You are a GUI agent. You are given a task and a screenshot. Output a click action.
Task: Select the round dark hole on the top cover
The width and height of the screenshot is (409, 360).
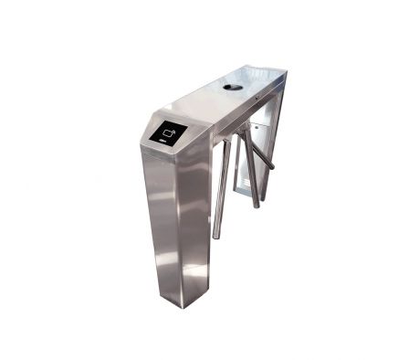tap(234, 88)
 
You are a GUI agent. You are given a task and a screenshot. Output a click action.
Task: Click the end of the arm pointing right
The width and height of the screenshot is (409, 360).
tap(272, 168)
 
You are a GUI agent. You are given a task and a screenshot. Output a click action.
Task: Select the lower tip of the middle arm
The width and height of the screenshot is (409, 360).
tap(256, 206)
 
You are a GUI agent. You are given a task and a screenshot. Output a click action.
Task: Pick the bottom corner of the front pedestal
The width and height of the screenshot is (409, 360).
tap(177, 304)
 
